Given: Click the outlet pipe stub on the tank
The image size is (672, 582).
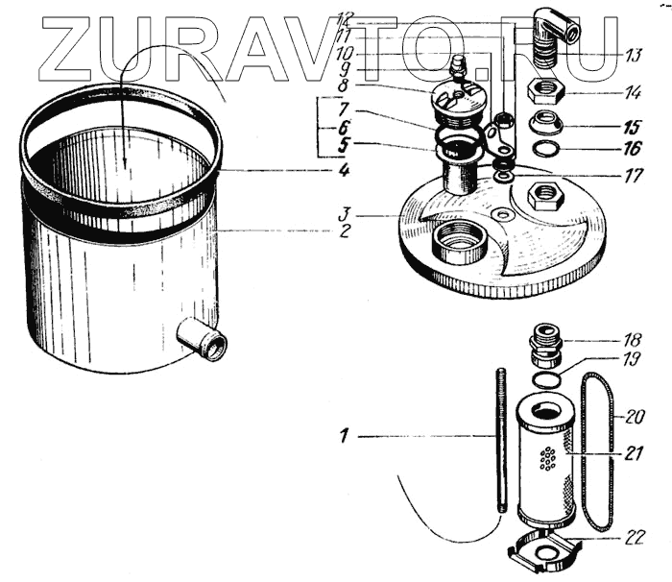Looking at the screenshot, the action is tap(202, 340).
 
